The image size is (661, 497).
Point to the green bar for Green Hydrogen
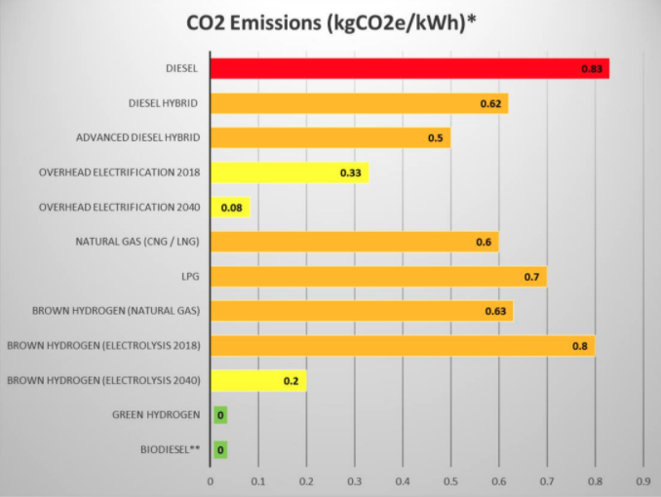point(220,415)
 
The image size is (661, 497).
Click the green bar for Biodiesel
point(220,449)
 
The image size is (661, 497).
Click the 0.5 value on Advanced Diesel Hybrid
point(436,138)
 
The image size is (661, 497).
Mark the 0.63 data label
point(495,312)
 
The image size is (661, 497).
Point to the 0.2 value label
point(291,380)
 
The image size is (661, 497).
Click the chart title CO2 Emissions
point(330,23)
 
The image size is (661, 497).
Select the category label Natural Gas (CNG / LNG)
point(137,242)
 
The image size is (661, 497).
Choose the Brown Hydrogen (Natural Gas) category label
point(115,311)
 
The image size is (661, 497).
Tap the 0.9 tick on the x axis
point(642,480)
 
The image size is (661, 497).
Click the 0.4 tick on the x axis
point(402,480)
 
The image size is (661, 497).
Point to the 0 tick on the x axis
point(211,480)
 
